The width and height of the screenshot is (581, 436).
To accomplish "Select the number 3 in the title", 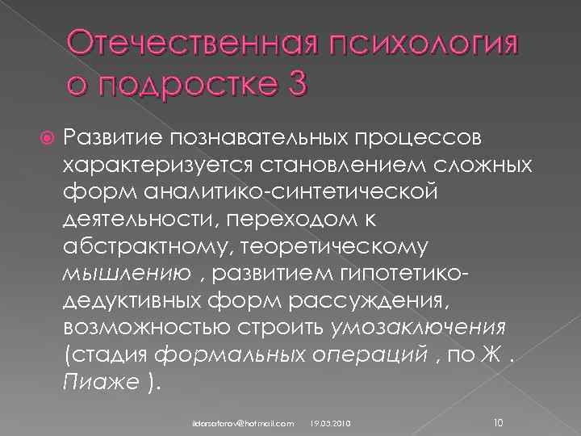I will (294, 83).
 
